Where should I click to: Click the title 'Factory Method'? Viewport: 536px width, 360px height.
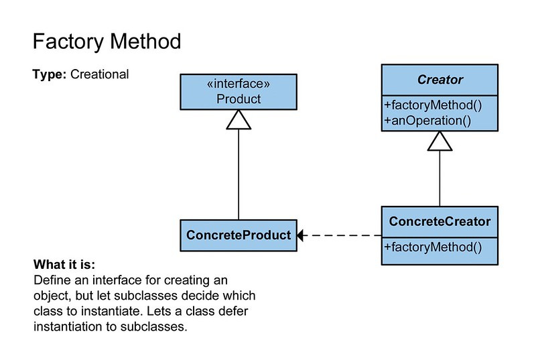(x=107, y=42)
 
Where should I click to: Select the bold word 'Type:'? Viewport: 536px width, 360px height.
(x=48, y=74)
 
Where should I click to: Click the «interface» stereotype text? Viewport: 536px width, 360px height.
(x=239, y=85)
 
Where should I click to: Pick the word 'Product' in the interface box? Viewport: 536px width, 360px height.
(x=239, y=99)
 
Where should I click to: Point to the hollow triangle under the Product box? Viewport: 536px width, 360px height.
(x=239, y=119)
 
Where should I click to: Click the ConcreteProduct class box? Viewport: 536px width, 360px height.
(x=239, y=235)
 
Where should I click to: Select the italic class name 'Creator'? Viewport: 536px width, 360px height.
(x=440, y=79)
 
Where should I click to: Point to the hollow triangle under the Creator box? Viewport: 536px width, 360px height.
(x=440, y=140)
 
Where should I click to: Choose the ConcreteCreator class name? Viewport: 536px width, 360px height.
(x=440, y=221)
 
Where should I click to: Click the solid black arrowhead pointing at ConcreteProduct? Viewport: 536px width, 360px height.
(x=301, y=235)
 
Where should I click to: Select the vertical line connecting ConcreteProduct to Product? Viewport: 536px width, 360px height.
(x=239, y=174)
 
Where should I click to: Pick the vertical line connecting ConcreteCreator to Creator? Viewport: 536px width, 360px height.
(x=440, y=178)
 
